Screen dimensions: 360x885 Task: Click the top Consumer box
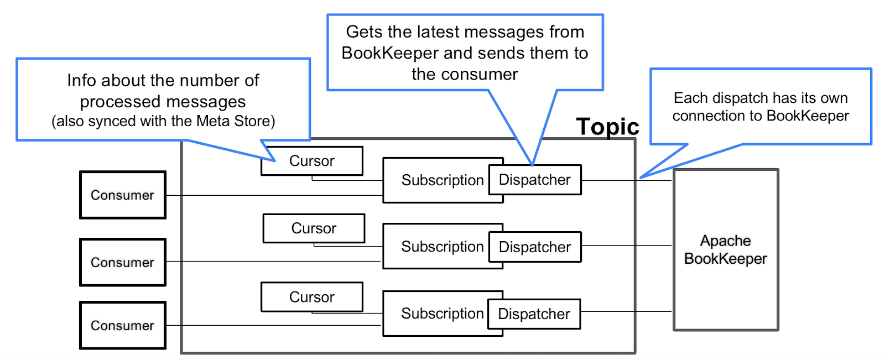122,195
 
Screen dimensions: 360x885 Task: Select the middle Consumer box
122,262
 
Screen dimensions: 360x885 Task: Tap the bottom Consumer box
122,325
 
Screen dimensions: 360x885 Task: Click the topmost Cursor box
311,161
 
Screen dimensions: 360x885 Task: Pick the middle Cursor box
314,228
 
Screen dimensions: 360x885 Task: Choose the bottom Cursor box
311,297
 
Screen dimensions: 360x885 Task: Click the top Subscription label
442,180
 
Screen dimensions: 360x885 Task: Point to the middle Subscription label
442,247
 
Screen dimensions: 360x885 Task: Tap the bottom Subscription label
442,314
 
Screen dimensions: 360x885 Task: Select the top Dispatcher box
534,180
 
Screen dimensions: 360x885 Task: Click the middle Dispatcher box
534,247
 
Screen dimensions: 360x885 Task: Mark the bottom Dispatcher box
534,314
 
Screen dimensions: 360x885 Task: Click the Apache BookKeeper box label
725,250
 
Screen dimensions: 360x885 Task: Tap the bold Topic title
607,127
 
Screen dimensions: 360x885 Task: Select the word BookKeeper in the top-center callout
389,53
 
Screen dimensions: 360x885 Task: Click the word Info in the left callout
81,81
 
